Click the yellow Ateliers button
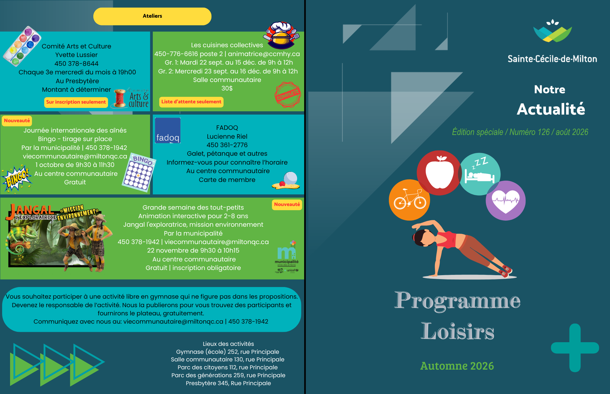coord(152,16)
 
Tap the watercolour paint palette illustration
coord(22,46)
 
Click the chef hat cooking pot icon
coord(282,35)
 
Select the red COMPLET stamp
coord(288,94)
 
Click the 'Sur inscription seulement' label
coord(76,102)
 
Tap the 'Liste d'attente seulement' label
coord(191,102)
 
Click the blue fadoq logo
coord(168,130)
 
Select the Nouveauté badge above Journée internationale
coord(17,121)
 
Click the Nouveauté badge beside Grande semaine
coord(287,204)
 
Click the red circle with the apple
coord(439,172)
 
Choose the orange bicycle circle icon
coord(409,200)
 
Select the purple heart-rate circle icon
coord(505,201)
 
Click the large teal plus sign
coord(575,348)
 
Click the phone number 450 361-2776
coord(227,145)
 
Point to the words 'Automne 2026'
coord(457,366)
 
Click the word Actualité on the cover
coord(551,109)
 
